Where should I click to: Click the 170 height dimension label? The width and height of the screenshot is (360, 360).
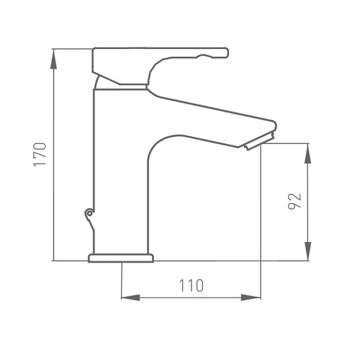[40, 155]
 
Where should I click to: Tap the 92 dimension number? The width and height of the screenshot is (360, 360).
[294, 201]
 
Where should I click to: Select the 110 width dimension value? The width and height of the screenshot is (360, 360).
[192, 286]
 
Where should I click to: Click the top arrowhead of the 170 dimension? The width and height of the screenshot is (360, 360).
[53, 59]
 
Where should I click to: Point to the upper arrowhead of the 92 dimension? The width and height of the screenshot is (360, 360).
[307, 153]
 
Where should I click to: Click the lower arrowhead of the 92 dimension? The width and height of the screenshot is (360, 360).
[307, 251]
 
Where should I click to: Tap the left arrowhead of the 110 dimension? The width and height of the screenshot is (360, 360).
[131, 297]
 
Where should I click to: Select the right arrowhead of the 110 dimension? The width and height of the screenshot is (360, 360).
[251, 297]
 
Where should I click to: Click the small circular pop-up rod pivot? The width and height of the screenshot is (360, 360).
[89, 213]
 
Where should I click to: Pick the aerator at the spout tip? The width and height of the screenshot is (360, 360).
[259, 142]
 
